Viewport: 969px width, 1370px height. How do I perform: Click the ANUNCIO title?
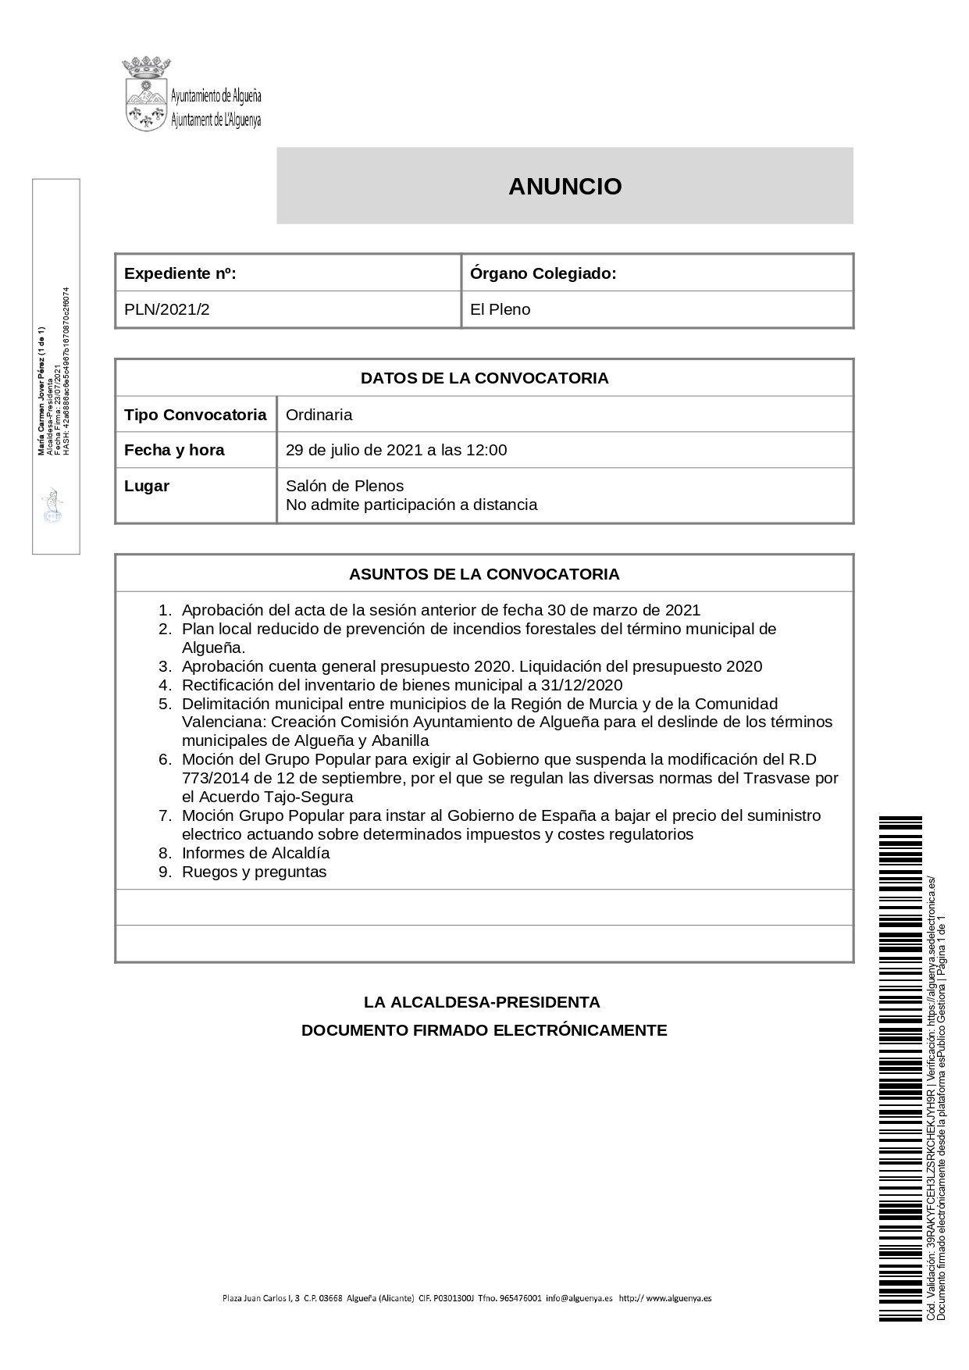click(x=565, y=187)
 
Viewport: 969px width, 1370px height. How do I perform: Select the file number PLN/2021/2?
click(x=167, y=309)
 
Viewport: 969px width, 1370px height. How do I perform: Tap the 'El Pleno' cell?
click(x=500, y=309)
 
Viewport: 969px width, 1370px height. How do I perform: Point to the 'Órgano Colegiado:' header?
click(x=543, y=273)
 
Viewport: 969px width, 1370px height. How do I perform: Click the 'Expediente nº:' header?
click(x=180, y=273)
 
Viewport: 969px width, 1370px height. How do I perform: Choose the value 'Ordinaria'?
click(x=319, y=415)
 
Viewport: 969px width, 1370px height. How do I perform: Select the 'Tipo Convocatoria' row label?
click(x=195, y=415)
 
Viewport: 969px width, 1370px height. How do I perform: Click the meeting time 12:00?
click(x=486, y=450)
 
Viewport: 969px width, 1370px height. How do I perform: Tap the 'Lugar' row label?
click(x=147, y=486)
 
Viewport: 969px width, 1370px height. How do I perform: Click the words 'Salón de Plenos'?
click(x=344, y=486)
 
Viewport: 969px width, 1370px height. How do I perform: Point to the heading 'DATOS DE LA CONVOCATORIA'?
click(x=484, y=378)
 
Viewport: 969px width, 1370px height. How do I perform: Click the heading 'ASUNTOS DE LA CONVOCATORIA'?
click(x=484, y=574)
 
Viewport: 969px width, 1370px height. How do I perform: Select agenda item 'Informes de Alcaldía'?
click(x=255, y=853)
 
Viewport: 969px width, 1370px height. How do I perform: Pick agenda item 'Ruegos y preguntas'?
click(x=254, y=872)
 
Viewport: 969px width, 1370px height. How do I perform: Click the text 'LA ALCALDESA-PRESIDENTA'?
click(x=482, y=1002)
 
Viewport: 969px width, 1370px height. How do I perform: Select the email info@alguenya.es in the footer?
click(x=579, y=1298)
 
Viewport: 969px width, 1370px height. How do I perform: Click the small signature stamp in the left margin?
click(x=53, y=505)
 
